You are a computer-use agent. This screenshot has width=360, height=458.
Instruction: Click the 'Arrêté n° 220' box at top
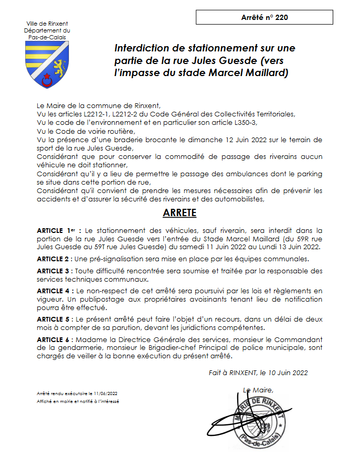coord(264,17)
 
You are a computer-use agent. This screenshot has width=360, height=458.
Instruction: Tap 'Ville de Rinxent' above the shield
coord(47,24)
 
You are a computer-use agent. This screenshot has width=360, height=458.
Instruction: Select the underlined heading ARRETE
coord(179,213)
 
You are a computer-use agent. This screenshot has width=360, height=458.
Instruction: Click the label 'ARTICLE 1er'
coord(58,230)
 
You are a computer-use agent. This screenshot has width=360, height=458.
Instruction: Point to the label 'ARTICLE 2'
coord(55,259)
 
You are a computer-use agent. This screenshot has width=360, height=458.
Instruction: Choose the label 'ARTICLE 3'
coord(55,271)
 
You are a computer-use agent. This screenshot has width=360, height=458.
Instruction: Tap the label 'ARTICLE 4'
coord(55,291)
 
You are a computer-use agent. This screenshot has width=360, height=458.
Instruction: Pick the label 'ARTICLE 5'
coord(55,319)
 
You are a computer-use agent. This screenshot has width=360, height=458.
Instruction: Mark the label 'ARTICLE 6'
coord(55,339)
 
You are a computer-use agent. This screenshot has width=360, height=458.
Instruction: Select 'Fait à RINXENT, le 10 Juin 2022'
coord(258,372)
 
